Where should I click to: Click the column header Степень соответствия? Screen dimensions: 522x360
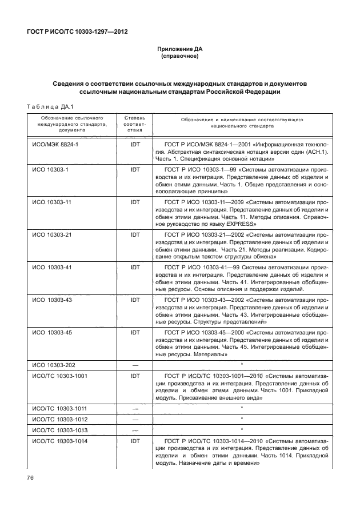point(135,123)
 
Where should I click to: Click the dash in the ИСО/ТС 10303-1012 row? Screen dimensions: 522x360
point(135,418)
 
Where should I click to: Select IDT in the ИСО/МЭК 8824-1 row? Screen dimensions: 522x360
point(135,145)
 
